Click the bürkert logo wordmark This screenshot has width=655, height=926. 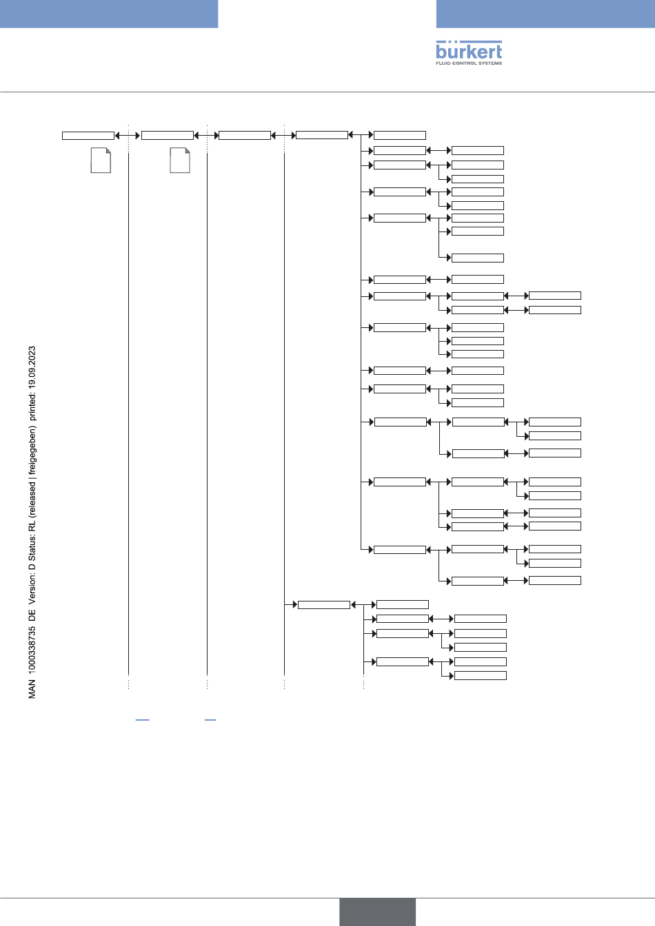(x=469, y=50)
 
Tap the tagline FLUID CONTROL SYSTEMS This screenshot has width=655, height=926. (x=469, y=63)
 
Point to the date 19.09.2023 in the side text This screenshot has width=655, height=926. (x=32, y=371)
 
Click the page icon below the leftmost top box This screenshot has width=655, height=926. (x=101, y=161)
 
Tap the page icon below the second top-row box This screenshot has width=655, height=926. (x=179, y=161)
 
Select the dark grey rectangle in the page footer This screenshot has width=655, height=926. (x=377, y=912)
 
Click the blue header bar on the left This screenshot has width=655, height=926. (x=109, y=14)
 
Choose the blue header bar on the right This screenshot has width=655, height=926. (x=545, y=14)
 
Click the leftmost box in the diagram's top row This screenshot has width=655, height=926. (x=88, y=136)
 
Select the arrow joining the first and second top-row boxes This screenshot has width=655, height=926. (x=128, y=136)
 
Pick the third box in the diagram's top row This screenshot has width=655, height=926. (x=244, y=136)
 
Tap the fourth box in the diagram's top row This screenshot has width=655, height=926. (x=321, y=136)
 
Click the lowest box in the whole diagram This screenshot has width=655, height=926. (x=481, y=676)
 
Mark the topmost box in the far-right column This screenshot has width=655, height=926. (x=554, y=296)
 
